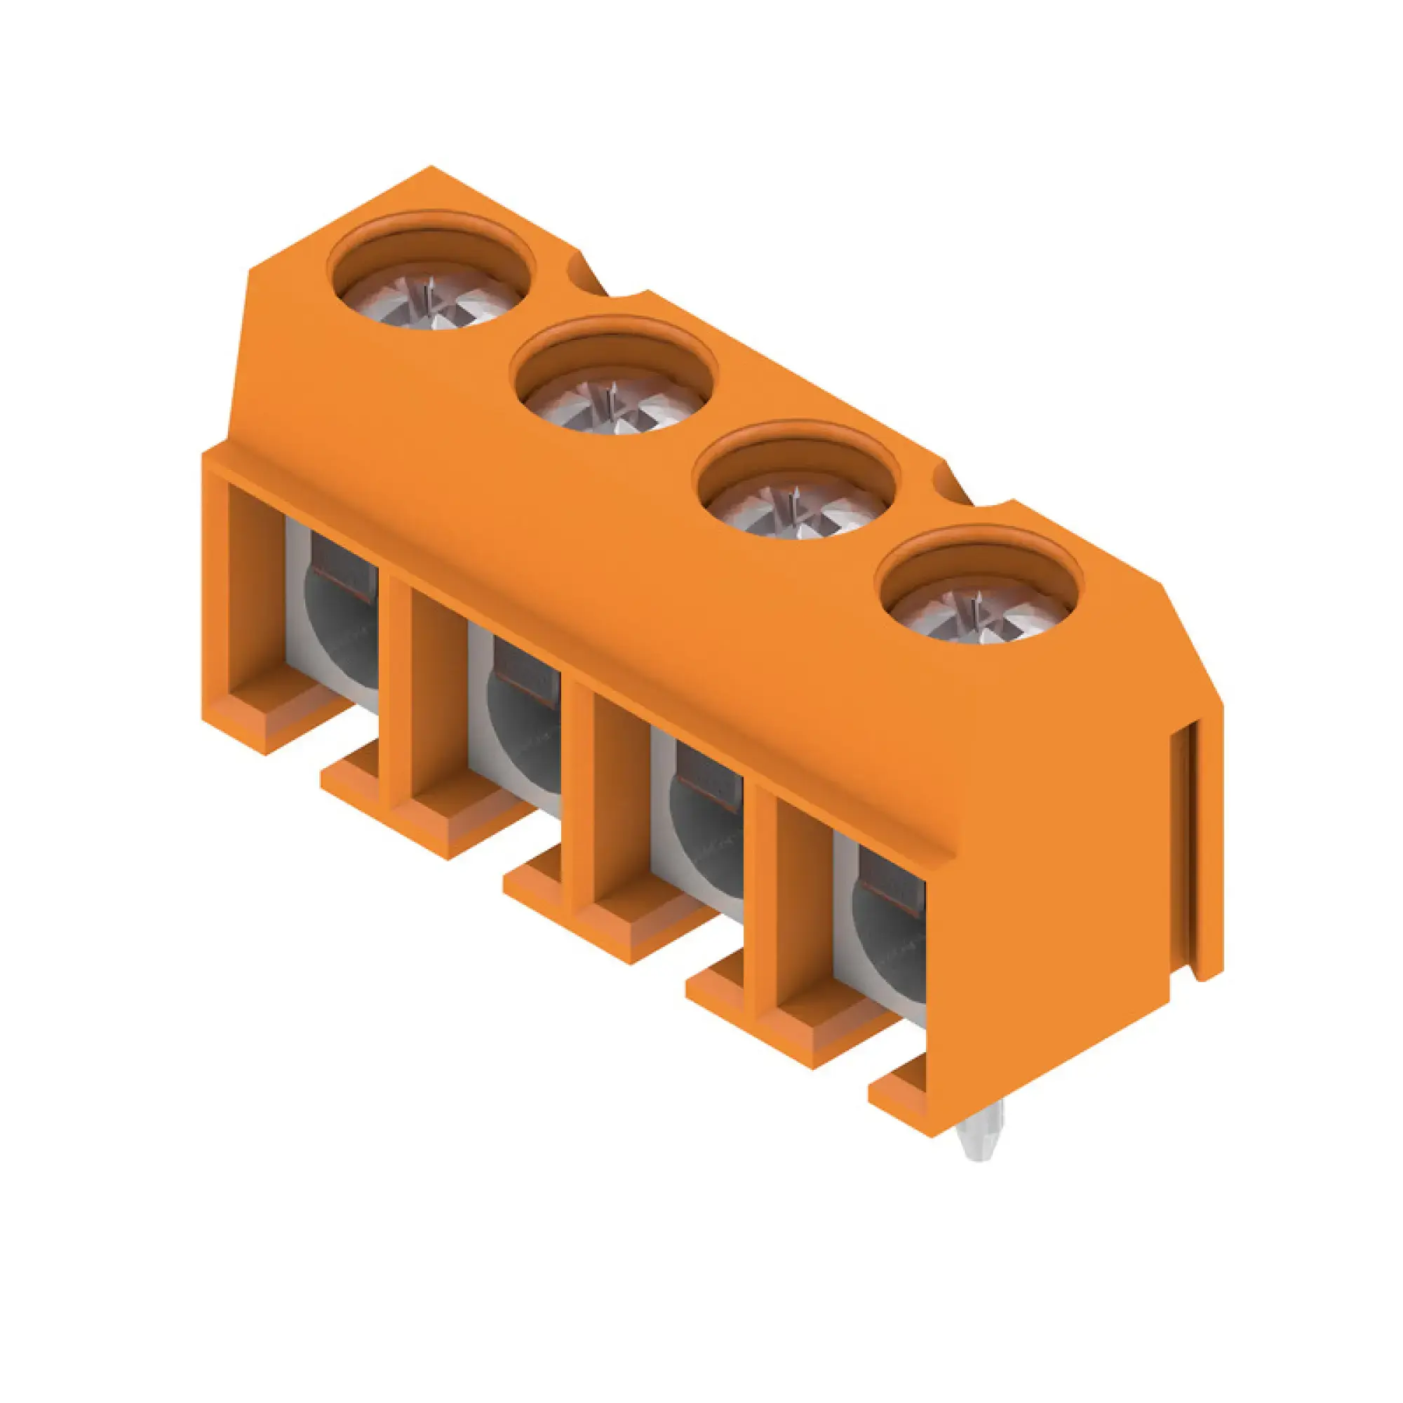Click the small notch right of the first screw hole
pyautogui.click(x=585, y=273)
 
